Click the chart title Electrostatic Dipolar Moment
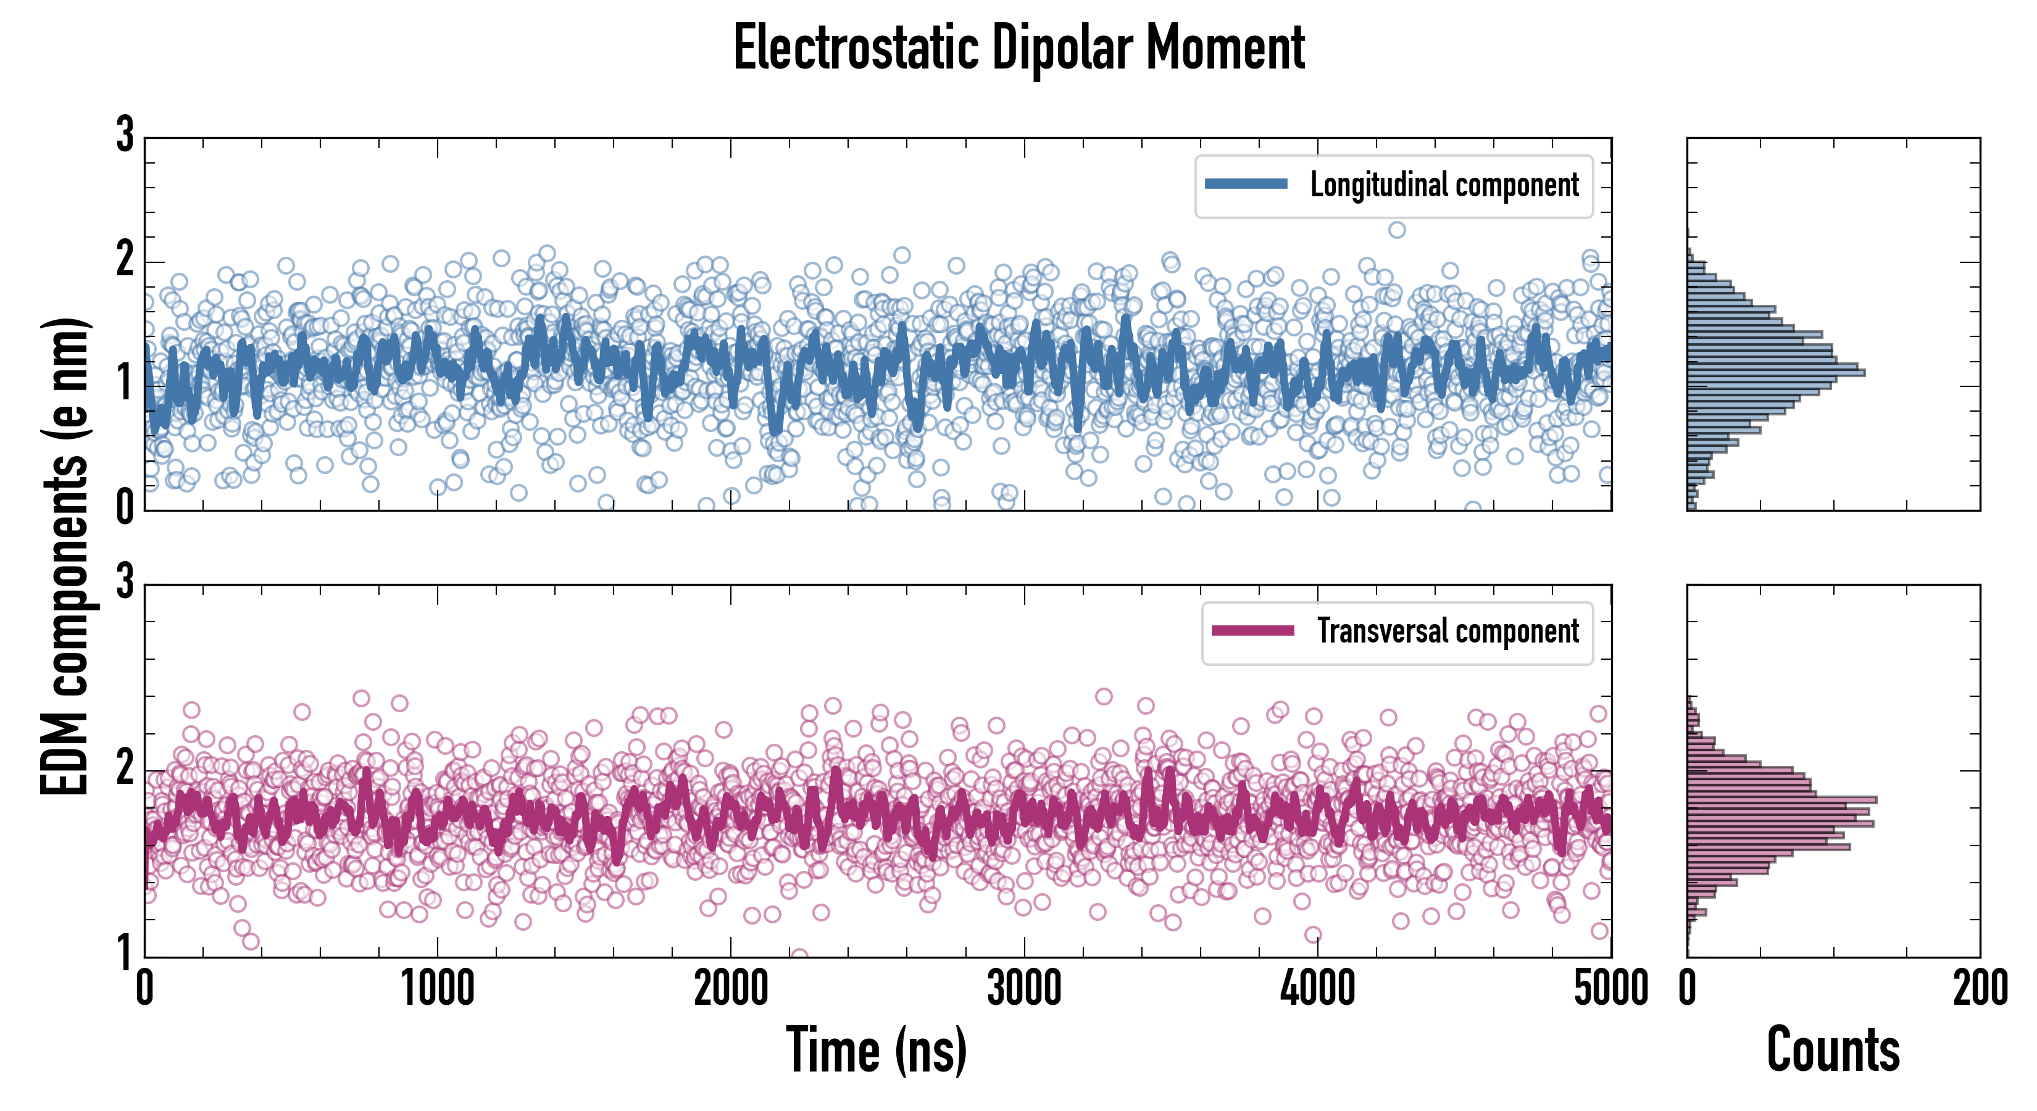(1018, 49)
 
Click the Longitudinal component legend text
(1444, 185)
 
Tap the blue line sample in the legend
(1246, 185)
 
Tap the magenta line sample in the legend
(1252, 630)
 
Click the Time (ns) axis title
(876, 1050)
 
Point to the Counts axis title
(1833, 1050)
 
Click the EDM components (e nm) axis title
(65, 557)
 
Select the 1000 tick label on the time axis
(437, 988)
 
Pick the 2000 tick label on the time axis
(731, 988)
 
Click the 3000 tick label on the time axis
(1024, 988)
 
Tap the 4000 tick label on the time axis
(1317, 988)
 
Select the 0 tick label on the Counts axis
(1688, 988)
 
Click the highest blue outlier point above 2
(1398, 230)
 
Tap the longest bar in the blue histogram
(1775, 372)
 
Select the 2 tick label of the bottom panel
(125, 767)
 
